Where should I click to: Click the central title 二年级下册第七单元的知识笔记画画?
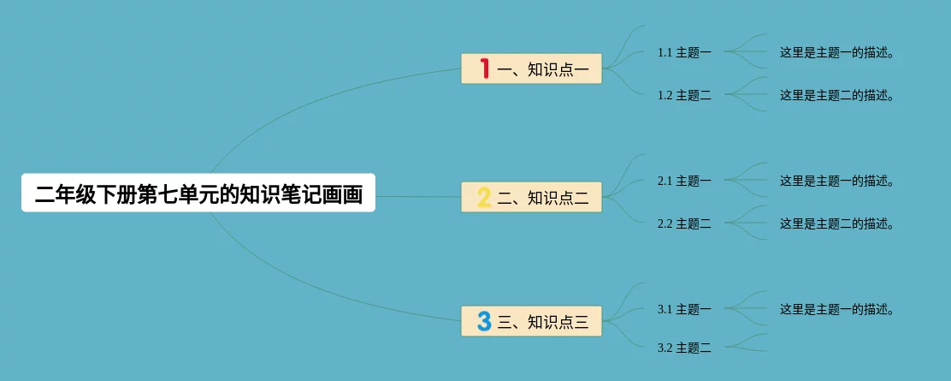pos(198,194)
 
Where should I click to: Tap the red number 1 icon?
pos(484,68)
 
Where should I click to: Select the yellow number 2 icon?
pos(483,198)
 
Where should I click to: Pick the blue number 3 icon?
pos(483,321)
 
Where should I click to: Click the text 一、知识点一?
pos(543,69)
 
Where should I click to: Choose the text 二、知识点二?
pos(543,198)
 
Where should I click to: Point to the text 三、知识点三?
pos(543,322)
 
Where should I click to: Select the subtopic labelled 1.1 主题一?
pos(684,52)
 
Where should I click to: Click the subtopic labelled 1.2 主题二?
pos(684,95)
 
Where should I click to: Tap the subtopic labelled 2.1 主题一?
pos(684,181)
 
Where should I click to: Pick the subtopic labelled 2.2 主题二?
pos(684,223)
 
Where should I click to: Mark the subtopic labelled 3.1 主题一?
pos(684,309)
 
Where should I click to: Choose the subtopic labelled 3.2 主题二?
pos(684,348)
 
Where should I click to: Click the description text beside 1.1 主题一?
pos(836,52)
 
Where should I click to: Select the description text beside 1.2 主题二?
pos(836,95)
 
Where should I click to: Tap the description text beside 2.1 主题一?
pos(836,181)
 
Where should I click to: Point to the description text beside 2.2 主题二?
pos(836,223)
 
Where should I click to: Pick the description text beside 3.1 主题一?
pos(836,309)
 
